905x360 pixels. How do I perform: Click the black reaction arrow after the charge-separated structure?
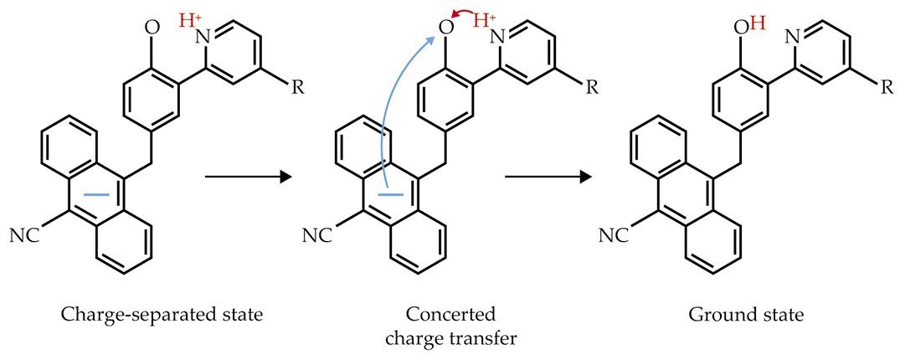click(247, 177)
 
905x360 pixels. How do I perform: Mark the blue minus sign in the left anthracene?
click(97, 194)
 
